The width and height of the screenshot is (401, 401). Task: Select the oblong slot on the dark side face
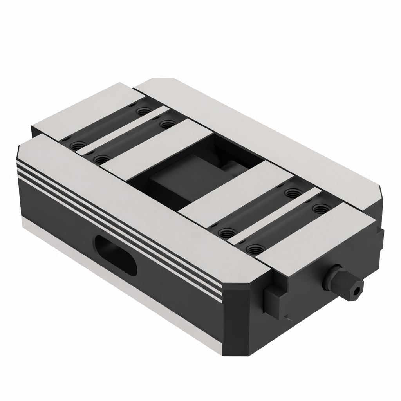tap(115, 255)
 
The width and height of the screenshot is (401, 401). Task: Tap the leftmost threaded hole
tap(76, 146)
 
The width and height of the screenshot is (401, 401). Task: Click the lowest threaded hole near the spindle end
tap(255, 248)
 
